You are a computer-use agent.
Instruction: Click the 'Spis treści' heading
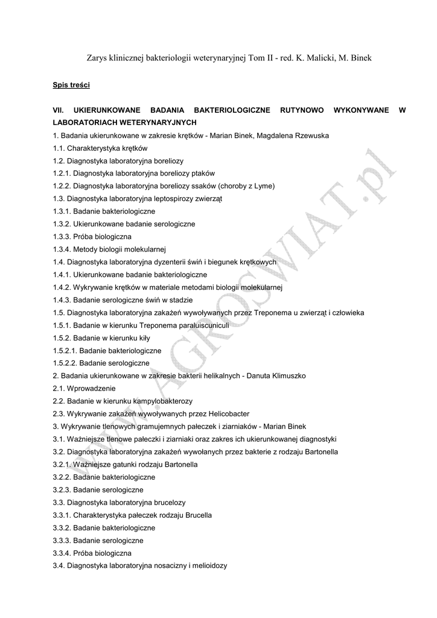click(71, 85)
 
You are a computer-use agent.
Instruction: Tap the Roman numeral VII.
click(59, 110)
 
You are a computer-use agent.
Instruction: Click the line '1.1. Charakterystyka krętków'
click(100, 148)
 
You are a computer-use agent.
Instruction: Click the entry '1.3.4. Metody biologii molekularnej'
click(109, 250)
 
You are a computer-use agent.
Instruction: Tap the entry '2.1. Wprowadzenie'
click(84, 389)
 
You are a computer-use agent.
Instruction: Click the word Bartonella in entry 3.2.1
click(178, 465)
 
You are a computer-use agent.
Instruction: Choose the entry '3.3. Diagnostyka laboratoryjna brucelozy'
click(119, 503)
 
